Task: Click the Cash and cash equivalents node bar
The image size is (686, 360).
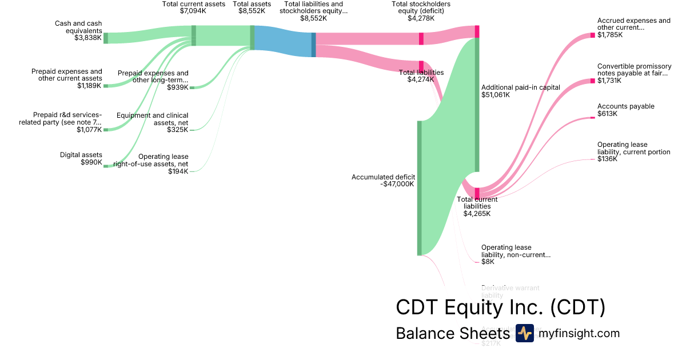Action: pyautogui.click(x=106, y=38)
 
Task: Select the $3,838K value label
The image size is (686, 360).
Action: pyautogui.click(x=88, y=38)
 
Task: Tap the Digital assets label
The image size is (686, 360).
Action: pyautogui.click(x=81, y=155)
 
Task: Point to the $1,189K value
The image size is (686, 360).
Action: pyautogui.click(x=89, y=86)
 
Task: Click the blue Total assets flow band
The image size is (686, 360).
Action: pyautogui.click(x=282, y=41)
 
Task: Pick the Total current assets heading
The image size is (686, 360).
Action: pyautogui.click(x=194, y=4)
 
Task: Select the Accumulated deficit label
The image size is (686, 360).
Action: pyautogui.click(x=383, y=177)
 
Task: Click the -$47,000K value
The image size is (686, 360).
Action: pyautogui.click(x=397, y=184)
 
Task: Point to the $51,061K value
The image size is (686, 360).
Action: pyautogui.click(x=495, y=95)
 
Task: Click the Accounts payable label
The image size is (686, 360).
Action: pyautogui.click(x=625, y=106)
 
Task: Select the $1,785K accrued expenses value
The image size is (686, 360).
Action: pyautogui.click(x=610, y=35)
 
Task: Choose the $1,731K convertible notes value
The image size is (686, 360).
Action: pyautogui.click(x=609, y=81)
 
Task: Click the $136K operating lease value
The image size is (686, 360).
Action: pyautogui.click(x=607, y=159)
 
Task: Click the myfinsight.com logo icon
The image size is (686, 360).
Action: pyautogui.click(x=524, y=333)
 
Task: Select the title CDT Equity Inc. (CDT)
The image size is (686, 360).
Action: pyautogui.click(x=500, y=307)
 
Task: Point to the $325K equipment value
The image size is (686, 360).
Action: pyautogui.click(x=177, y=130)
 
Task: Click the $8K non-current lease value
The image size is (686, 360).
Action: pyautogui.click(x=488, y=262)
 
